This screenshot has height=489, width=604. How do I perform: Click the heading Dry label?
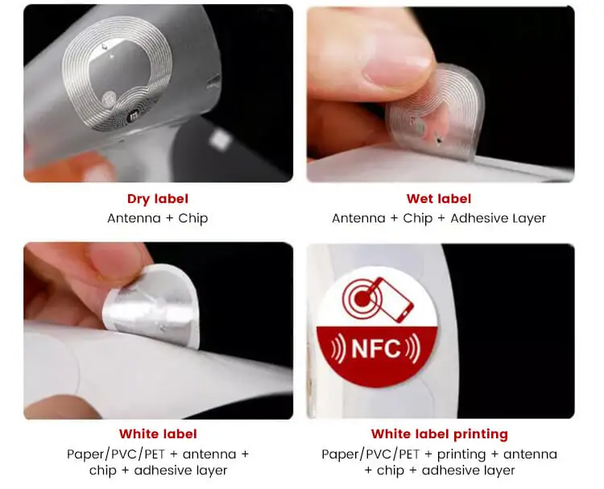[x=158, y=199]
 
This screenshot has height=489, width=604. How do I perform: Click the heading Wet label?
[x=440, y=199]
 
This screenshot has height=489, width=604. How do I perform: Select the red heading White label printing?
[x=440, y=434]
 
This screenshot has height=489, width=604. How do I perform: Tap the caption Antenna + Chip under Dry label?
[x=158, y=218]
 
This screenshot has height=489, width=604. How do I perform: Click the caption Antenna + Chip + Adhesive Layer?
[x=440, y=218]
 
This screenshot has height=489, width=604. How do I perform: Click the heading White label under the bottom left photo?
[x=158, y=434]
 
